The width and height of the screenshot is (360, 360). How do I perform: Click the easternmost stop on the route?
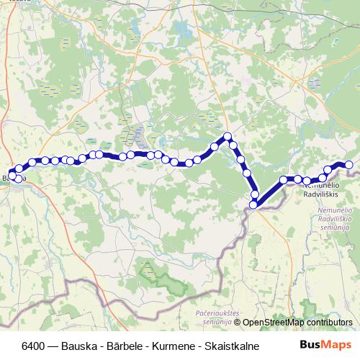[349, 165]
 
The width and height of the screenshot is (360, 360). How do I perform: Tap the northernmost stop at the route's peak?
[228, 136]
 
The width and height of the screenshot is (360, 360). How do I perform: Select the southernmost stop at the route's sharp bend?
[253, 205]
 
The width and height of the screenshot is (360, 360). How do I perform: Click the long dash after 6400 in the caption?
[58, 346]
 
